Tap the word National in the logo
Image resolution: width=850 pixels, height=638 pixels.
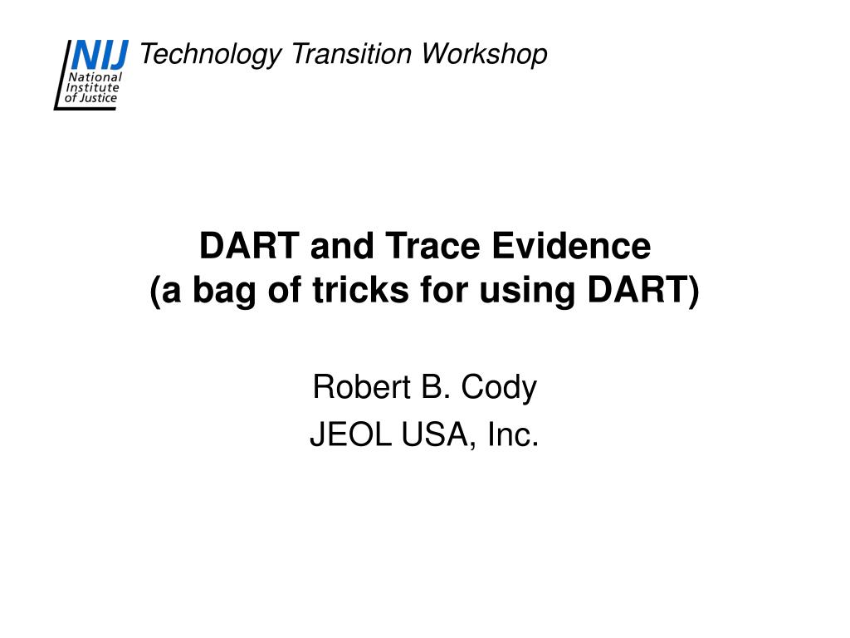pos(95,77)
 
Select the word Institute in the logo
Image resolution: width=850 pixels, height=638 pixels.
pos(92,87)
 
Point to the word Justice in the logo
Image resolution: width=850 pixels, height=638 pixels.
pos(98,98)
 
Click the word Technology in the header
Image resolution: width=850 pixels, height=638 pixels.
pos(211,55)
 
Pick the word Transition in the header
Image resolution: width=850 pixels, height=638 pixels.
pos(351,54)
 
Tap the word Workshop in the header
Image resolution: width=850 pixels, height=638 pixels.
pos(484,55)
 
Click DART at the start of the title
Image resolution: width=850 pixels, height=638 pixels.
pos(249,245)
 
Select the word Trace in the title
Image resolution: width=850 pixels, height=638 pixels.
pos(432,245)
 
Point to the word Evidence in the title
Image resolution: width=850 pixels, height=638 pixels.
pos(571,245)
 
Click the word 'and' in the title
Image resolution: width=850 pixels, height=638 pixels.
pos(342,245)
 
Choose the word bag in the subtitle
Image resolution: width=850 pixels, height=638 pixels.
pos(224,291)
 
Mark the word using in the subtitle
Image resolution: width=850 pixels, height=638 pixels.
pos(527,291)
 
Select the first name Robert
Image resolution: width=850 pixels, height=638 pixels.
pos(362,387)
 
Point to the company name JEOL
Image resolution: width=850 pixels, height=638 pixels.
pos(351,434)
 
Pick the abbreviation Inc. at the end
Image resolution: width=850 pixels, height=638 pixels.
pos(513,434)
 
